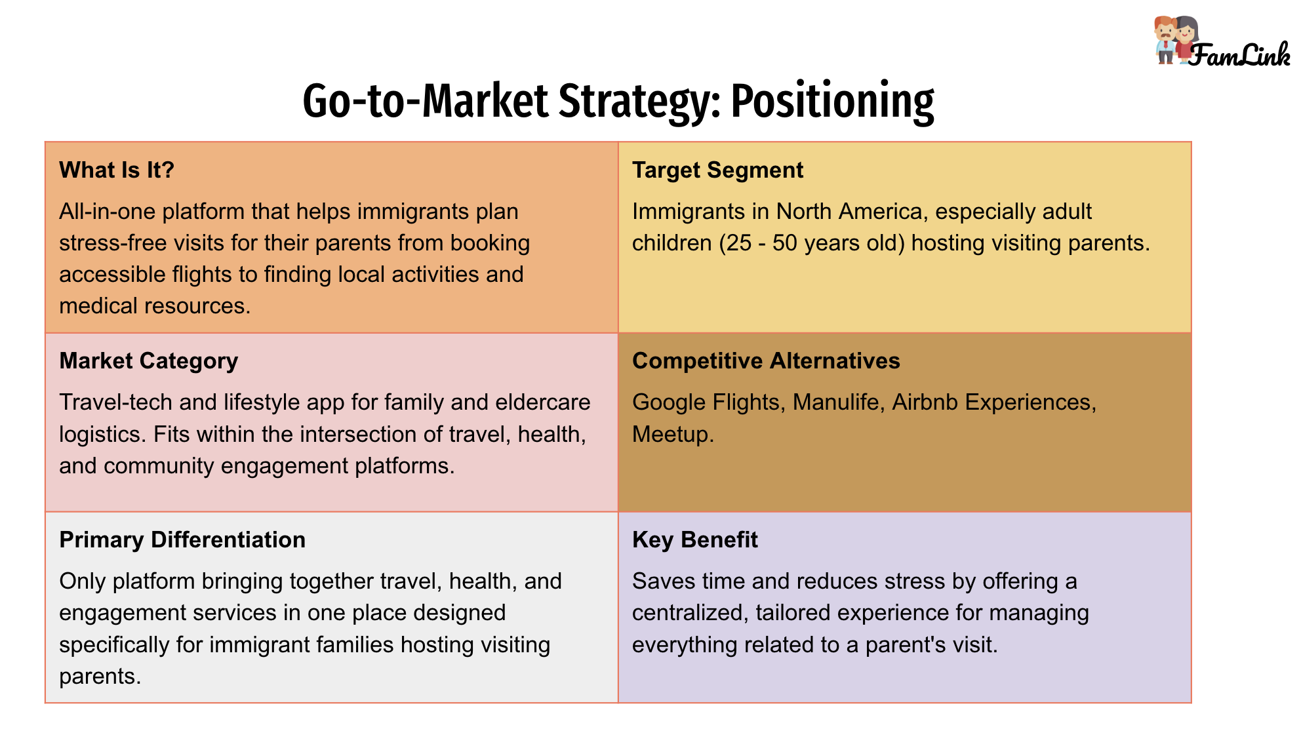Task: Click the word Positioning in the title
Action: pos(832,102)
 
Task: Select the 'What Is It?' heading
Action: pos(117,170)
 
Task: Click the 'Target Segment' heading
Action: pos(717,170)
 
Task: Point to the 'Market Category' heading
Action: pos(149,361)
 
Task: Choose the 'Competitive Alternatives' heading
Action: pos(766,361)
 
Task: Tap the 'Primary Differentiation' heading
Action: pos(182,540)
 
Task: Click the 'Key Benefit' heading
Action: pos(695,540)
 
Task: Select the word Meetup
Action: pos(673,434)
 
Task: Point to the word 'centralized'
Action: pos(690,613)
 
